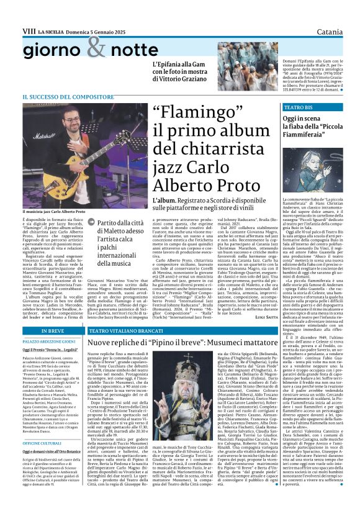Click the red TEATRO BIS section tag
click(298, 107)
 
